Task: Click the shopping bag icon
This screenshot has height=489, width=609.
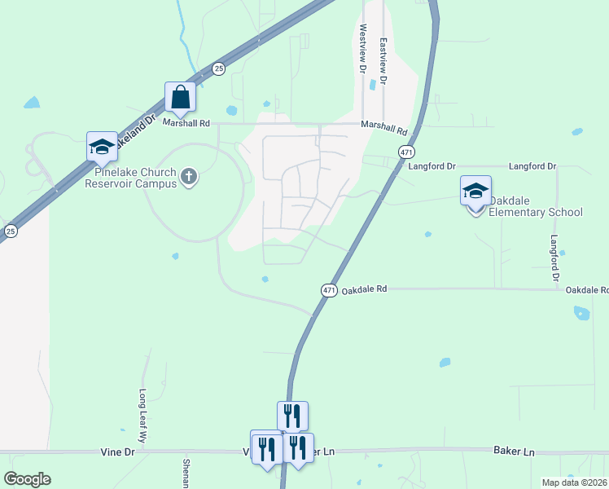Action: tap(180, 97)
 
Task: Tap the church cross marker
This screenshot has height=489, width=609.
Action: tap(189, 176)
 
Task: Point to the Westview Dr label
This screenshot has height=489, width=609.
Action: tap(362, 50)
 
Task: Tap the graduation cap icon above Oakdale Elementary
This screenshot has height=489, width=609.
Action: tap(475, 192)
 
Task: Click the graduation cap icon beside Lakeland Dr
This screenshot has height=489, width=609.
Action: tap(102, 147)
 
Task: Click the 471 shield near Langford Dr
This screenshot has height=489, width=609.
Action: tap(405, 152)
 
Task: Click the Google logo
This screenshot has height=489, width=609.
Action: tap(27, 479)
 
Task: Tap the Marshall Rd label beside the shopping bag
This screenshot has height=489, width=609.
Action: tap(186, 123)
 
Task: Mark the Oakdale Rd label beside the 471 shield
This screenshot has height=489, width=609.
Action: tap(364, 290)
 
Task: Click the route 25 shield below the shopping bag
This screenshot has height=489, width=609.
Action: tap(218, 69)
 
